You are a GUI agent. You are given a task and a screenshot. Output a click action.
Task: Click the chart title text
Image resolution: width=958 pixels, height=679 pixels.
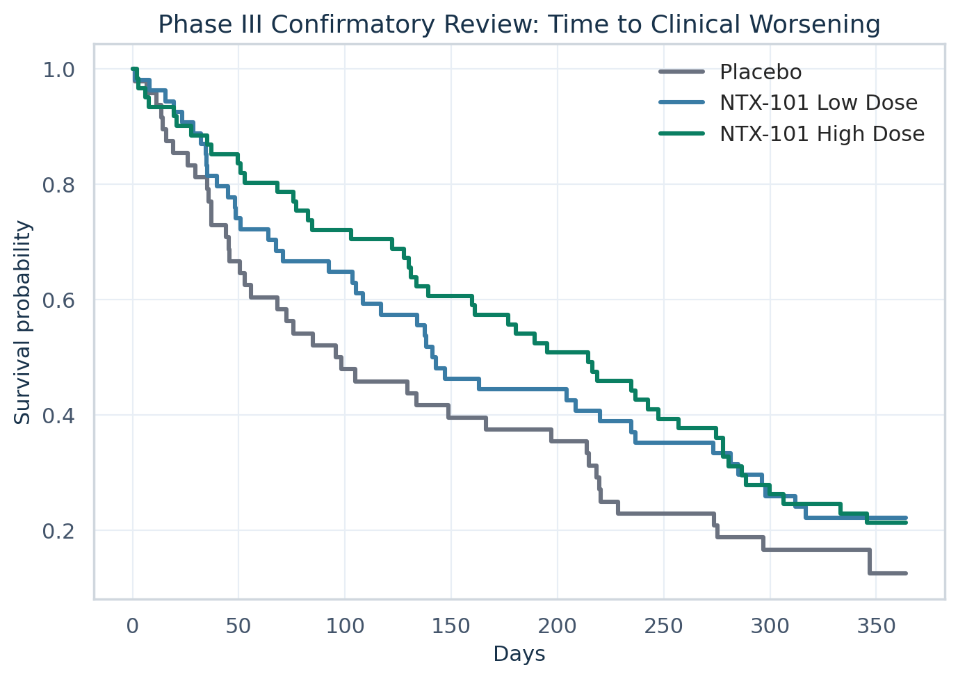pos(519,25)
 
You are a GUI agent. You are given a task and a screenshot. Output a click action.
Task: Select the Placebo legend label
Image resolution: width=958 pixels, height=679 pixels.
pos(761,72)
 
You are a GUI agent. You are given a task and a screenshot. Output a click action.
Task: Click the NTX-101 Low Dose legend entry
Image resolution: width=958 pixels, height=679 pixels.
pos(818,103)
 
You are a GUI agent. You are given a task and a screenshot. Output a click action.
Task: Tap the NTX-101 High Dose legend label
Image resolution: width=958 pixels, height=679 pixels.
pos(822,133)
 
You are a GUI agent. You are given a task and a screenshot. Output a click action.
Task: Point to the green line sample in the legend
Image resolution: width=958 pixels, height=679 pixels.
pos(681,133)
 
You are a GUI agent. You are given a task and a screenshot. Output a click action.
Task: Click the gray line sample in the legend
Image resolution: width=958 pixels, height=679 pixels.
pos(681,72)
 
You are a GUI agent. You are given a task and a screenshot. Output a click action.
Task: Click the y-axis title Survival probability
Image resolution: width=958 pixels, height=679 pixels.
pos(23,322)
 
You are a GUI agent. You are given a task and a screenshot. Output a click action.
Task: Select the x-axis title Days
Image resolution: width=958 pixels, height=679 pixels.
pos(519,654)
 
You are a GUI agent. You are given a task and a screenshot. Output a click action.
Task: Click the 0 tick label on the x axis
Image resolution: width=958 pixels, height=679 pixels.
pos(133,625)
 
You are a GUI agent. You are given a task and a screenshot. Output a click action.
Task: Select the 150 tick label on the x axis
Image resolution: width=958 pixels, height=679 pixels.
pos(451,625)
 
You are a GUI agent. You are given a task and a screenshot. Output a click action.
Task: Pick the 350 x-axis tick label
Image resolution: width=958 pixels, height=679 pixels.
pos(876,625)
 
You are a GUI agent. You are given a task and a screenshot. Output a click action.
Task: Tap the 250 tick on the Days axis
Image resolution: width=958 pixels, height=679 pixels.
pos(664,625)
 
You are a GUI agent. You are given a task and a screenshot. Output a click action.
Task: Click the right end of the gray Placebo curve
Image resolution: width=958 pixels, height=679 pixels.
pos(906,573)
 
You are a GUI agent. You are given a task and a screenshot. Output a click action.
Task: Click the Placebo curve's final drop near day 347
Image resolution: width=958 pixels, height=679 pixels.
pos(870,562)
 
